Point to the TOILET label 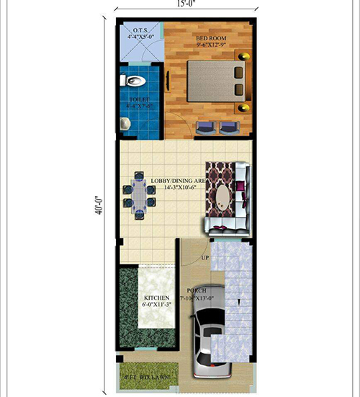pos(139,99)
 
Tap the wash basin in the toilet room pos(125,123)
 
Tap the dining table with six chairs pos(138,193)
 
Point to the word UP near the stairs pos(205,257)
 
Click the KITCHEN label pos(156,298)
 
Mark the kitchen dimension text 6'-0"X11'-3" pos(156,305)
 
